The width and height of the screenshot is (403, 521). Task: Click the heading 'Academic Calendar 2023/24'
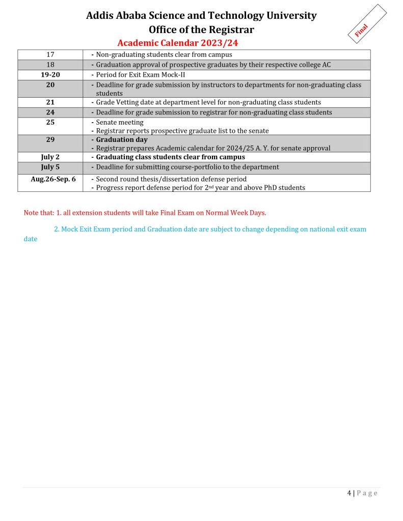pyautogui.click(x=178, y=43)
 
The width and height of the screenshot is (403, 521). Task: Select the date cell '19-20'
pyautogui.click(x=50, y=75)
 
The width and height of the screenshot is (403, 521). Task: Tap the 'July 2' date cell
pyautogui.click(x=50, y=157)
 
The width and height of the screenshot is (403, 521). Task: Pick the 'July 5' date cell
pyautogui.click(x=50, y=167)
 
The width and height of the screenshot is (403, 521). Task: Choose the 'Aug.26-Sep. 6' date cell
pyautogui.click(x=53, y=179)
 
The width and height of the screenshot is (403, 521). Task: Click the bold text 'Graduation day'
pyautogui.click(x=122, y=139)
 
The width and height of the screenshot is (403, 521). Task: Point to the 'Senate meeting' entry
pyautogui.click(x=120, y=123)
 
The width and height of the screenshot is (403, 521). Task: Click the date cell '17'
pyautogui.click(x=50, y=54)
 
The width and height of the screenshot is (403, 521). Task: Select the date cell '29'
pyautogui.click(x=50, y=139)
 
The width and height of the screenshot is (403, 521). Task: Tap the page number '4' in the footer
pyautogui.click(x=349, y=493)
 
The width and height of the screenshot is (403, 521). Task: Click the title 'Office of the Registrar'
pyautogui.click(x=201, y=30)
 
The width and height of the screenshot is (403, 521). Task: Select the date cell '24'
pyautogui.click(x=50, y=112)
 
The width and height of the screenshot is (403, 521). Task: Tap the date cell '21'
pyautogui.click(x=50, y=102)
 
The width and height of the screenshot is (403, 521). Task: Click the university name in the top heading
pyautogui.click(x=201, y=15)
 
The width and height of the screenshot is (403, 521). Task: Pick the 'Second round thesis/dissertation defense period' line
pyautogui.click(x=171, y=179)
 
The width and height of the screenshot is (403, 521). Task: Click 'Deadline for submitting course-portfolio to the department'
pyautogui.click(x=187, y=167)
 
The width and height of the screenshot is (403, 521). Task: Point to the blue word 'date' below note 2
pyautogui.click(x=31, y=239)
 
